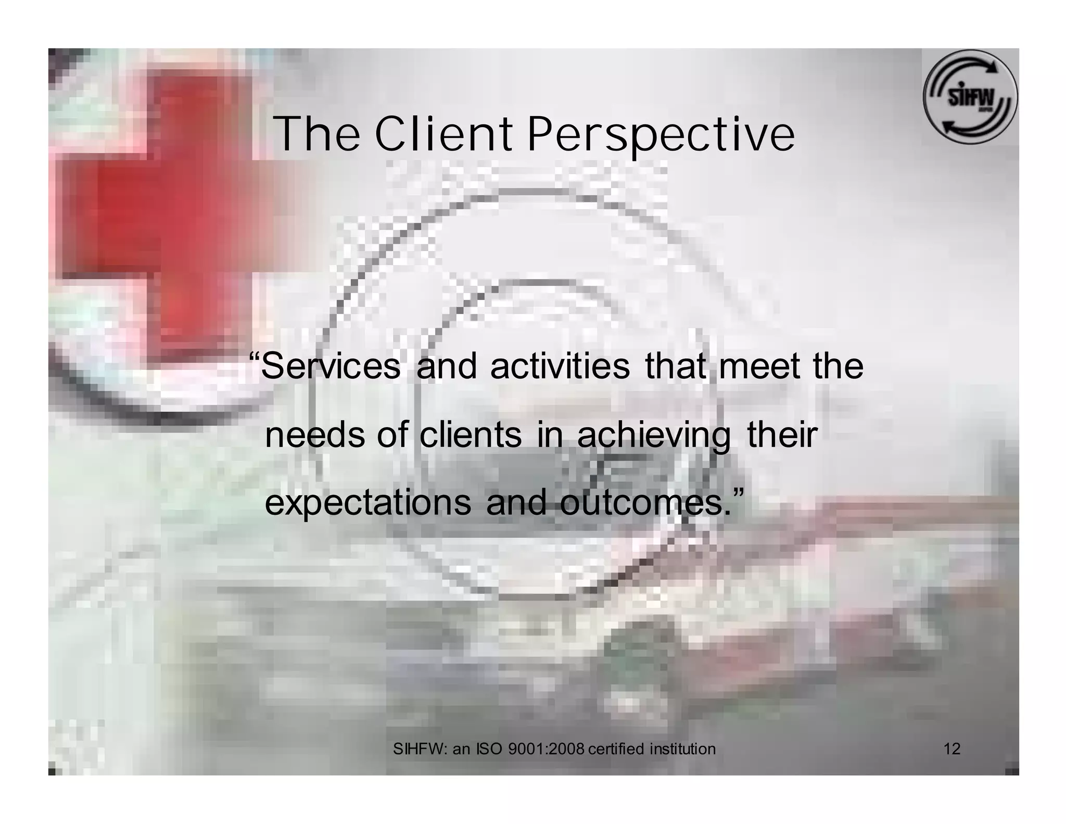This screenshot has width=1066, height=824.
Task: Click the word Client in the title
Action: click(x=443, y=134)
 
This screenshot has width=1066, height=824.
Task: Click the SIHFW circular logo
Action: click(x=970, y=97)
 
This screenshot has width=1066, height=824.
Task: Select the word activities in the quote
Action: click(x=560, y=366)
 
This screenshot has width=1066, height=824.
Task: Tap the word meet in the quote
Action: click(x=759, y=366)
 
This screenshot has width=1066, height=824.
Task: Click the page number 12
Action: click(x=951, y=749)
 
